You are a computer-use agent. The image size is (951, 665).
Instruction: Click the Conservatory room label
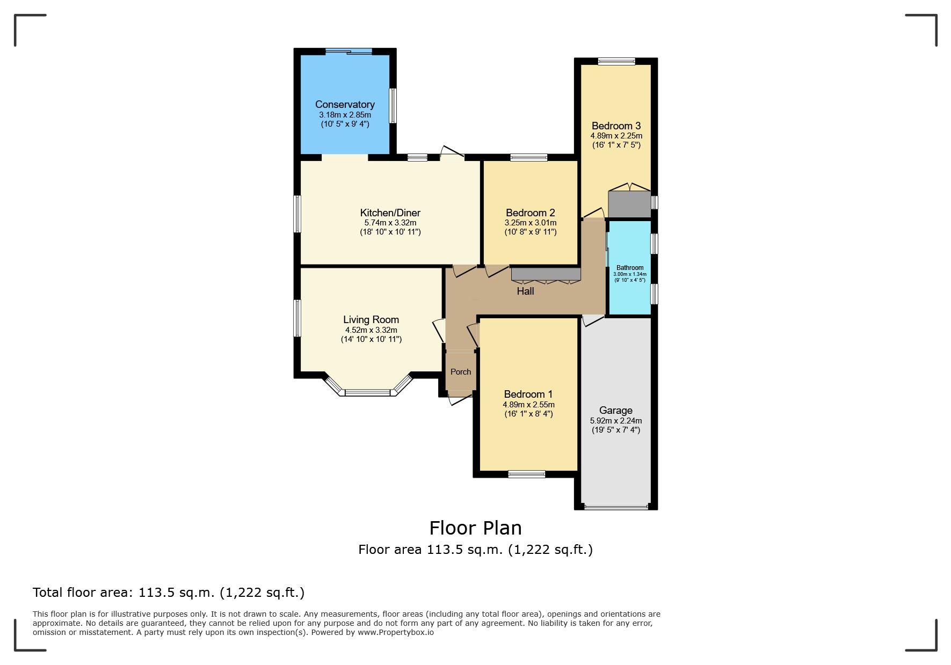click(x=345, y=105)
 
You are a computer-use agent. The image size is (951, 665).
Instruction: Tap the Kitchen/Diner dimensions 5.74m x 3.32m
click(x=390, y=223)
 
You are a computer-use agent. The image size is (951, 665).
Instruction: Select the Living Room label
click(x=371, y=320)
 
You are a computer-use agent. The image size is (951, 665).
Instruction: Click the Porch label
click(x=461, y=372)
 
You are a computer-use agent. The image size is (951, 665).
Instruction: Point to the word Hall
click(x=525, y=291)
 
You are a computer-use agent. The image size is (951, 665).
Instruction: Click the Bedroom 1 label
click(x=528, y=394)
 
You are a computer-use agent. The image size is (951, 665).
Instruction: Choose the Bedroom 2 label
click(x=530, y=213)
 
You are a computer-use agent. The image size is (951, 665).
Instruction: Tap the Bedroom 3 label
click(x=616, y=126)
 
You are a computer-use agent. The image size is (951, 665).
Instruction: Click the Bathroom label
click(x=629, y=268)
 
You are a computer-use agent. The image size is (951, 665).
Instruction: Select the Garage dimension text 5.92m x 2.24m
click(x=616, y=421)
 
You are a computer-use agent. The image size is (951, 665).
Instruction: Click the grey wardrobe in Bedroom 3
click(x=629, y=204)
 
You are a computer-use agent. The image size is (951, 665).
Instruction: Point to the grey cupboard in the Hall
click(x=546, y=274)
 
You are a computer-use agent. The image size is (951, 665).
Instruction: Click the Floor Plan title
click(x=475, y=528)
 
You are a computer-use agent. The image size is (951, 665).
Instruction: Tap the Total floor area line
click(x=169, y=593)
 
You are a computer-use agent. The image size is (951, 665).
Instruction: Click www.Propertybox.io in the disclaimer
click(x=396, y=632)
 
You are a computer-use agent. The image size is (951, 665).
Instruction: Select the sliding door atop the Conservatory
click(x=349, y=52)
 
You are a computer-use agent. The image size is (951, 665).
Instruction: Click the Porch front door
click(x=461, y=398)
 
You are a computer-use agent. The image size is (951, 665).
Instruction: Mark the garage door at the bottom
click(x=616, y=507)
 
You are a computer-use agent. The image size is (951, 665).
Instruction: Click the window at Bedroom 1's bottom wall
click(x=527, y=474)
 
